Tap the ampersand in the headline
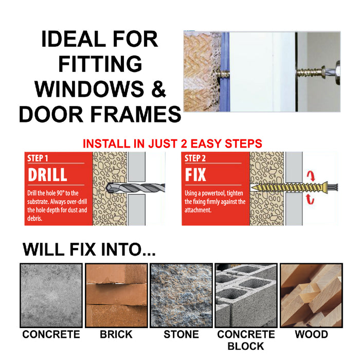158,89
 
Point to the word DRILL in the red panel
47,174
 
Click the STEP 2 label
196,158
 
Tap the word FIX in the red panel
195,174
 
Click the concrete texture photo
50,295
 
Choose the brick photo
116,295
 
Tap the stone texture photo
181,295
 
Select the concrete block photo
246,295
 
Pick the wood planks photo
311,295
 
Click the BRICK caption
116,335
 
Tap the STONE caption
181,335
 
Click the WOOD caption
311,335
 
